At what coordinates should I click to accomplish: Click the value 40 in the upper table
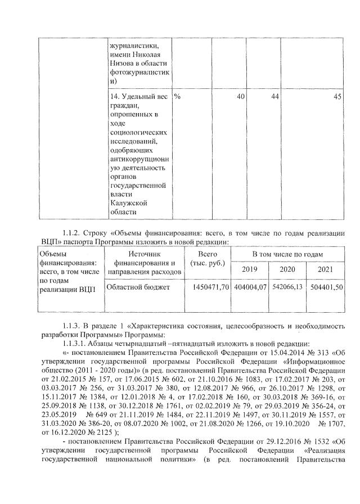[x=240, y=97]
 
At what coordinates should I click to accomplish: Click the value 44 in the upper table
[x=275, y=97]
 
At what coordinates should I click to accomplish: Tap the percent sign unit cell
[x=177, y=97]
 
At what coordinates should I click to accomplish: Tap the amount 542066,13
[x=287, y=287]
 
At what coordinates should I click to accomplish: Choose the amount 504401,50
[x=325, y=287]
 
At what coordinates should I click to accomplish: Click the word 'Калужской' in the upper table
[x=127, y=202]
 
